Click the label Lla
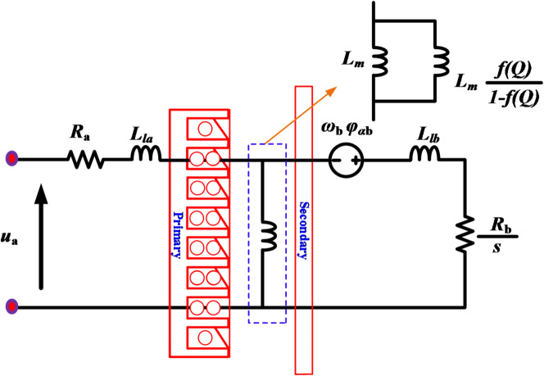142,130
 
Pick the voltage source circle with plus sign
347,159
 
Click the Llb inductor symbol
424,153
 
